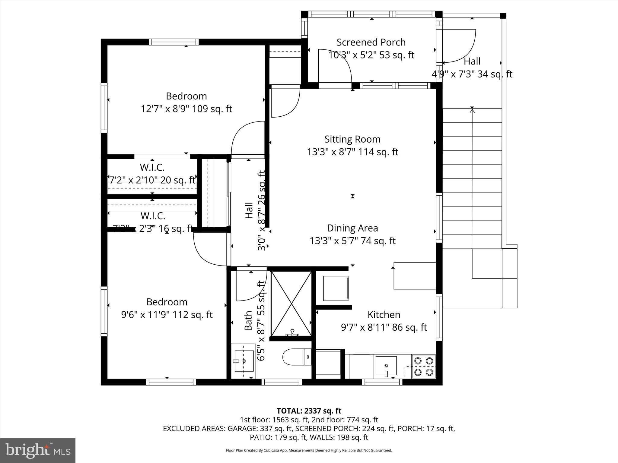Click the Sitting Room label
tap(352, 139)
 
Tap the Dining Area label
tap(352, 228)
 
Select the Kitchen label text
tap(384, 315)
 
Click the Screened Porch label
tap(371, 42)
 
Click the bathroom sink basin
tap(244, 361)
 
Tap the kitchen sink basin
tap(386, 366)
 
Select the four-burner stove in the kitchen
tap(424, 367)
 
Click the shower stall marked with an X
tap(291, 304)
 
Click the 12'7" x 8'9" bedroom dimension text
tap(186, 109)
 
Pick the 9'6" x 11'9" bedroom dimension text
tap(167, 315)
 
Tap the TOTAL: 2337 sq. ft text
tap(309, 411)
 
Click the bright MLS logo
tap(38, 451)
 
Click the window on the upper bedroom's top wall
tap(174, 42)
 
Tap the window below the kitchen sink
tap(382, 382)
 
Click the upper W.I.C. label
tap(152, 167)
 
